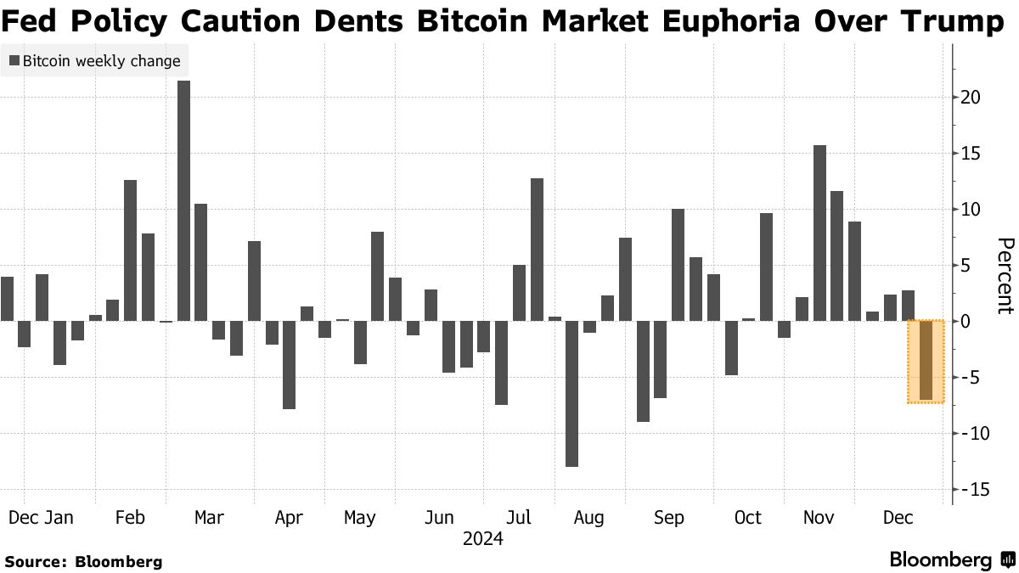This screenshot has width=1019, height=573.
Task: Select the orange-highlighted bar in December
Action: pos(926,361)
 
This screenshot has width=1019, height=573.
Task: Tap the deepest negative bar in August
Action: pos(571,393)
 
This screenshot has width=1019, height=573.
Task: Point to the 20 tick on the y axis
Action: pos(971,98)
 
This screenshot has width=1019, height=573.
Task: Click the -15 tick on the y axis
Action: pos(971,490)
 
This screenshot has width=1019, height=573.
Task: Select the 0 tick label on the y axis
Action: pos(965,322)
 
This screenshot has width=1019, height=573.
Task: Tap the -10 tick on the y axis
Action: pos(971,434)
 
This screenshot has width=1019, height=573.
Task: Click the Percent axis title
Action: pos(1004,276)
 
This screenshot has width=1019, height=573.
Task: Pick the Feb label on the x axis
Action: pos(129,518)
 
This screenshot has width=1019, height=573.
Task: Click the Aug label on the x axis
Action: pos(588,518)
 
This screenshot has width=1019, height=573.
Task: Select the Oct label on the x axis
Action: pos(747,518)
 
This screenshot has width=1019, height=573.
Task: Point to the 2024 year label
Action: pos(482,539)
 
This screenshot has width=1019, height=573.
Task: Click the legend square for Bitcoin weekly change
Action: pos(14,61)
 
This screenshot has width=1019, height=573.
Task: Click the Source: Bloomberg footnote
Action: pos(83,561)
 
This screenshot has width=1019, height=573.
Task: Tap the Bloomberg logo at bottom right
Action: pos(952,560)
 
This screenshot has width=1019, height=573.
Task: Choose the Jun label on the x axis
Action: pos(439,518)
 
